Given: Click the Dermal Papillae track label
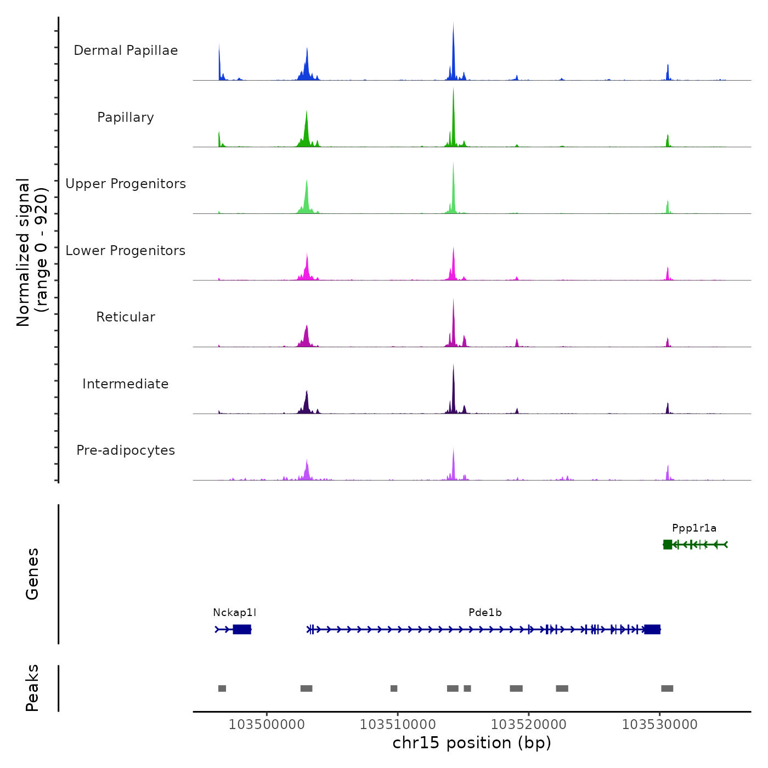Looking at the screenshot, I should point(126,50).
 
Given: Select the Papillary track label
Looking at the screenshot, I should point(126,117).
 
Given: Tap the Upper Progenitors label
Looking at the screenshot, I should point(126,184).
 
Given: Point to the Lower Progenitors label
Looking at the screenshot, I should point(126,251).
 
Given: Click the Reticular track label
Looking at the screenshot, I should point(126,317).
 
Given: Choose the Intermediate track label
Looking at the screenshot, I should point(126,384).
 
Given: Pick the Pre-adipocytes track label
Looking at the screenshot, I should point(126,450).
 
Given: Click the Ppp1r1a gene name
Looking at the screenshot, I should point(694,528).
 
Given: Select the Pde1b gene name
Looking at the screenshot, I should point(485,613).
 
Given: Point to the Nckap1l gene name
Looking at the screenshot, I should point(234,613).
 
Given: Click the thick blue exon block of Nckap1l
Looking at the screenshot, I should point(242,629).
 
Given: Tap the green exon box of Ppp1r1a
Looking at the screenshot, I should point(668,544).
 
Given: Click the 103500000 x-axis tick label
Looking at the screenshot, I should point(267,725).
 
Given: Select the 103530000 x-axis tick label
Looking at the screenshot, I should point(659,725).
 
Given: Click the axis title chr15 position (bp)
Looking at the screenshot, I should point(472,743).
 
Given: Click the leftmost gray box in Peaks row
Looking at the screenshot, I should point(222,688).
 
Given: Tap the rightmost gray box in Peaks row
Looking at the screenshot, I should point(667,688).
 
